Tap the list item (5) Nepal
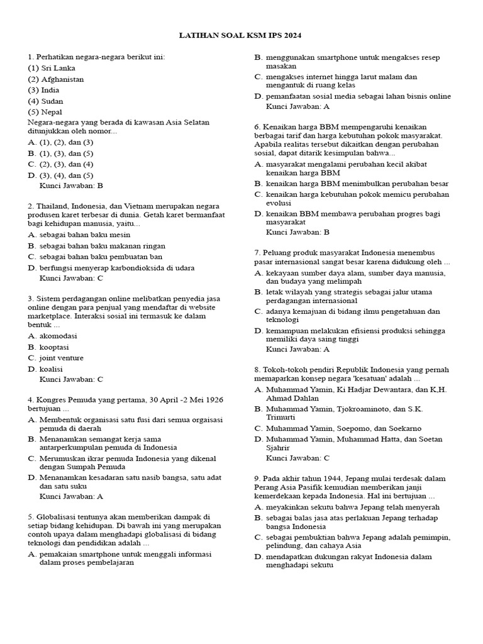pyautogui.click(x=45, y=112)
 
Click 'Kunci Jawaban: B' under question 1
pyautogui.click(x=71, y=186)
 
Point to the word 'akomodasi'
pyautogui.click(x=58, y=336)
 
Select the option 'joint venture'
pyautogui.click(x=61, y=358)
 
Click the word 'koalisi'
pyautogui.click(x=52, y=369)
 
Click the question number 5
pyautogui.click(x=30, y=517)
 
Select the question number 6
pyautogui.click(x=257, y=126)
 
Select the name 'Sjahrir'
pyautogui.click(x=278, y=448)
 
